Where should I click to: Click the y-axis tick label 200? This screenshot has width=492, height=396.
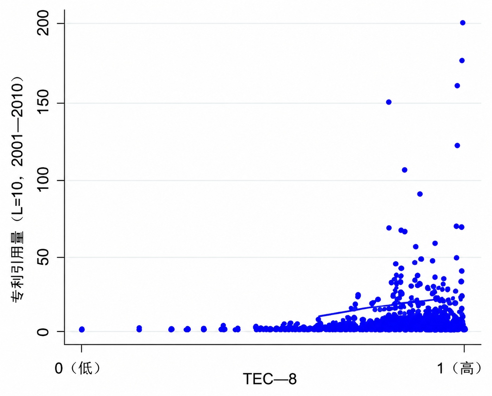pyautogui.click(x=43, y=23)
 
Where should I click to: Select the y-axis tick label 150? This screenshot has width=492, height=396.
pyautogui.click(x=43, y=103)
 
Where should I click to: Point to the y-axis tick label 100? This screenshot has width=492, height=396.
pyautogui.click(x=43, y=180)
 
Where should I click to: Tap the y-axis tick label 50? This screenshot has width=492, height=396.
pyautogui.click(x=43, y=257)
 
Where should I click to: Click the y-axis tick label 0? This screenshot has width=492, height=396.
pyautogui.click(x=43, y=331)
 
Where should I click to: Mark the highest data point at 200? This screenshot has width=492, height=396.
pyautogui.click(x=463, y=23)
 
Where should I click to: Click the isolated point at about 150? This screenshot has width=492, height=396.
pyautogui.click(x=389, y=102)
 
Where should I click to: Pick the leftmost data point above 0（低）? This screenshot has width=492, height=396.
pyautogui.click(x=82, y=329)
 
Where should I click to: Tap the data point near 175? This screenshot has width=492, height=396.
pyautogui.click(x=462, y=60)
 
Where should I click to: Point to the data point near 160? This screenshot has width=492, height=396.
pyautogui.click(x=457, y=86)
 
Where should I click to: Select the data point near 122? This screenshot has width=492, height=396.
pyautogui.click(x=457, y=146)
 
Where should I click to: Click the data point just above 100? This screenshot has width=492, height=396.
pyautogui.click(x=404, y=170)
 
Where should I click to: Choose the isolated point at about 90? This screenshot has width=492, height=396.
pyautogui.click(x=420, y=194)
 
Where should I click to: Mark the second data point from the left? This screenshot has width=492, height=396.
pyautogui.click(x=139, y=328)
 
